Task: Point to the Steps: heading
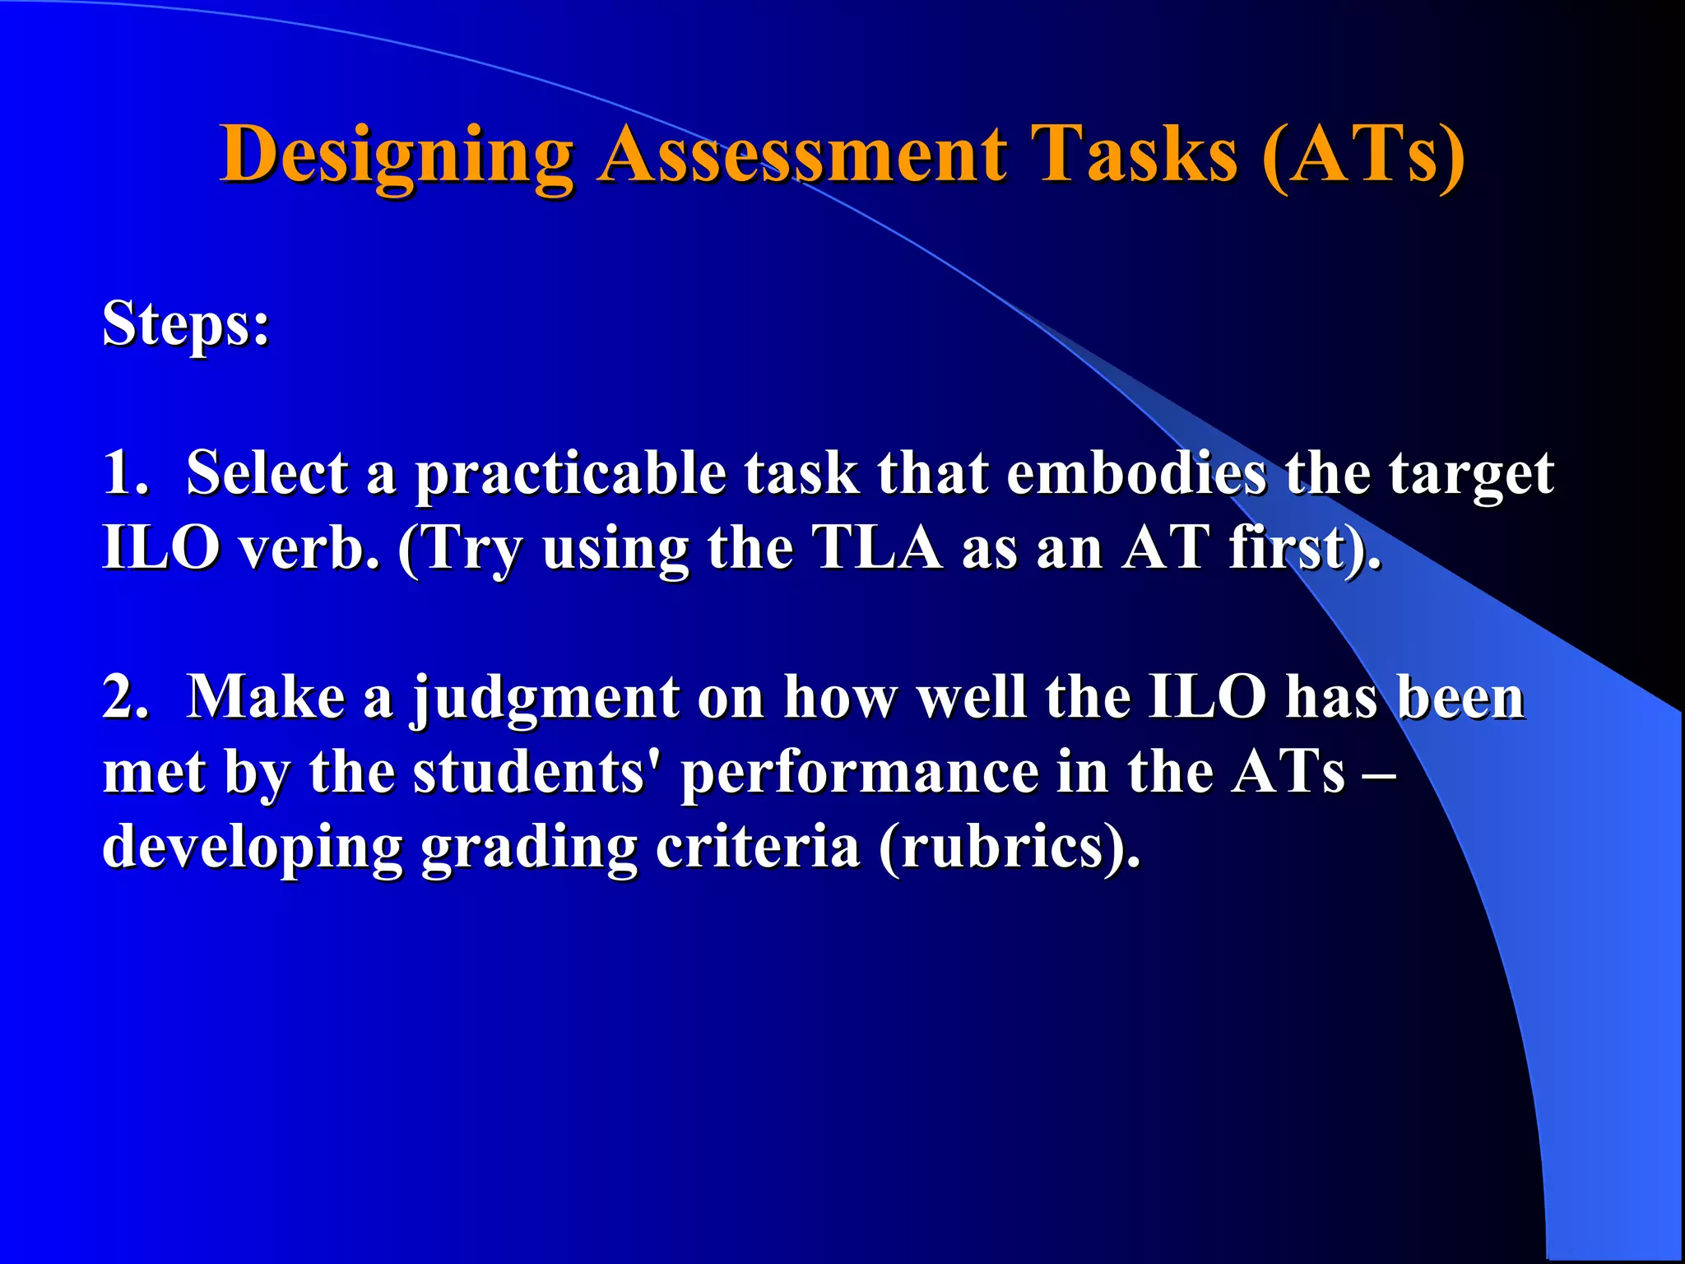[x=186, y=324]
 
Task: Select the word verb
[x=309, y=547]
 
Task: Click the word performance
[x=860, y=774]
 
